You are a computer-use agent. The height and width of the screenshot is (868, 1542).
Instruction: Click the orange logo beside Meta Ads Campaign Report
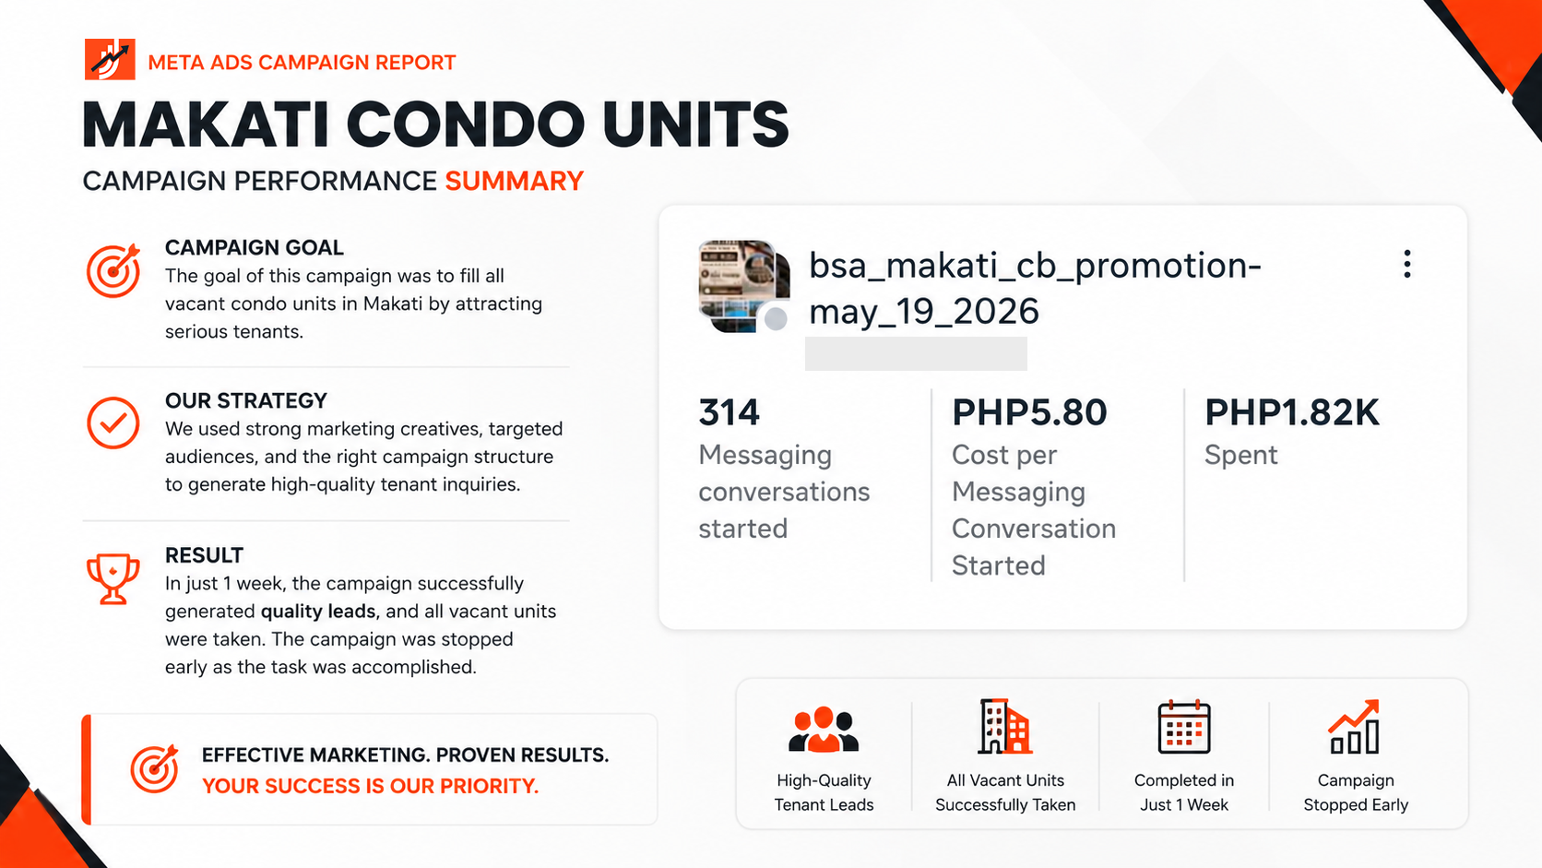110,59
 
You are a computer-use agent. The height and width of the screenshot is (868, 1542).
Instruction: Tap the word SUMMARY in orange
515,181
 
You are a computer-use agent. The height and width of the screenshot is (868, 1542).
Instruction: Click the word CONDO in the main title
466,125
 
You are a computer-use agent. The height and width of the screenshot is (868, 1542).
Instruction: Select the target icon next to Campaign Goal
113,270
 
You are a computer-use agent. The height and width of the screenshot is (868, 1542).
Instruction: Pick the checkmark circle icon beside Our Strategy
113,422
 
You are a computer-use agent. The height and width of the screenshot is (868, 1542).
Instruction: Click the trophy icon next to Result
113,579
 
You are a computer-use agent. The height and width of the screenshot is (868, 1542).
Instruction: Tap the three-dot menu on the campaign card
1407,265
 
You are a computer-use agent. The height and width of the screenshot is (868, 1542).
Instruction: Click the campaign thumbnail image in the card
744,286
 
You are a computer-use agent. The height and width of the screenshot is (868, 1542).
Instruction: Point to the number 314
729,412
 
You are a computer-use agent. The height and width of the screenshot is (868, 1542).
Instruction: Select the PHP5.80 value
1029,412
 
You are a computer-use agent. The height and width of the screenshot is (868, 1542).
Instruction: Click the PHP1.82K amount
1291,412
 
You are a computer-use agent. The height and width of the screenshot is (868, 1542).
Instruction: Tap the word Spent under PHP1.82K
1240,455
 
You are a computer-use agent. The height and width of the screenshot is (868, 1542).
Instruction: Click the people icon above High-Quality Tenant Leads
824,729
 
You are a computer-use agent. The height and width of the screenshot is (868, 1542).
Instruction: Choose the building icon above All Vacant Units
1005,726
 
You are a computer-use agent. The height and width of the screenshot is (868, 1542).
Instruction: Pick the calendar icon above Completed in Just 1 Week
1184,727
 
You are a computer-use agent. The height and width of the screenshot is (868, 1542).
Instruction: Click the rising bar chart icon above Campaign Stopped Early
1354,727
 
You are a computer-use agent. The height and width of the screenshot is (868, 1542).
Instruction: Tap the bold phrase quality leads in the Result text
318,612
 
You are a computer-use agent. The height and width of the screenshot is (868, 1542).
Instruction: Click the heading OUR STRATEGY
245,400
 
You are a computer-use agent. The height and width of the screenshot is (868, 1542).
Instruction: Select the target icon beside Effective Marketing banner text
155,769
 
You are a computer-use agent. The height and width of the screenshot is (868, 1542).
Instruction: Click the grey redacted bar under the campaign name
916,354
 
